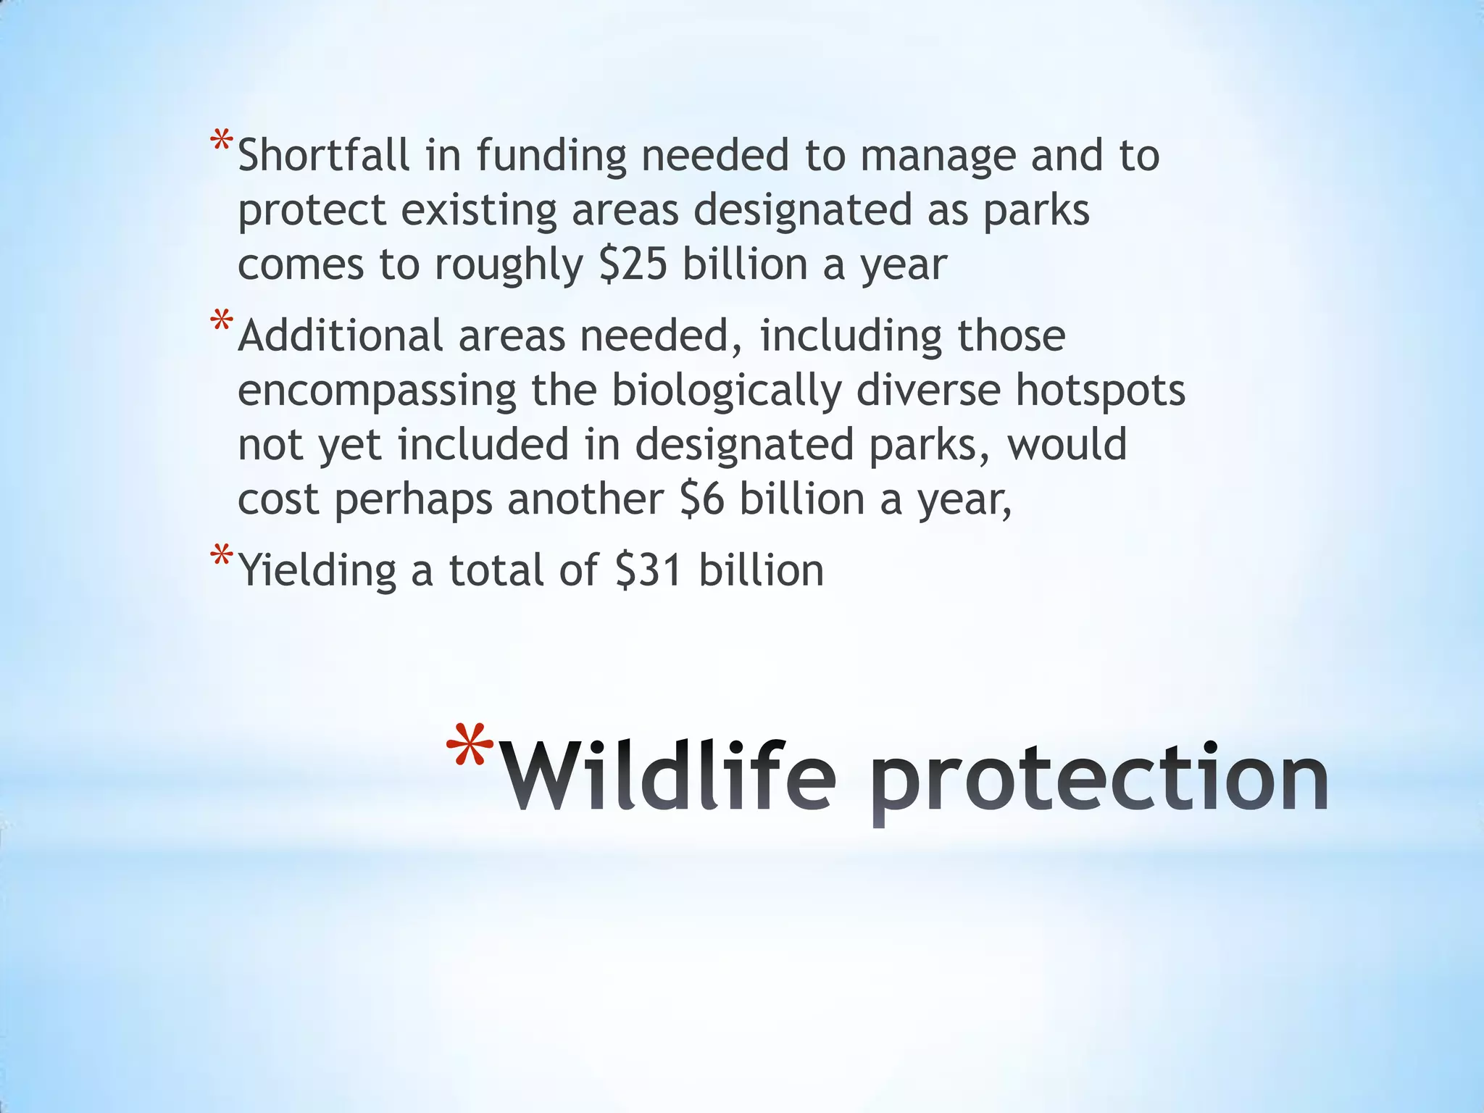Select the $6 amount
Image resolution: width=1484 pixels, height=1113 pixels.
(702, 499)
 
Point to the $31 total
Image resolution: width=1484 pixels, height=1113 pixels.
(648, 570)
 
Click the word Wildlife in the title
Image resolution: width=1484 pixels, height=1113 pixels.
(668, 777)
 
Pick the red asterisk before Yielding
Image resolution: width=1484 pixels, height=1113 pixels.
(221, 559)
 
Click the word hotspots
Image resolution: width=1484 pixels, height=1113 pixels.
(1100, 391)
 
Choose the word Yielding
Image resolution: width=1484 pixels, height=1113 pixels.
(317, 572)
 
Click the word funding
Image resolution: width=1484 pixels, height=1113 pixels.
(551, 157)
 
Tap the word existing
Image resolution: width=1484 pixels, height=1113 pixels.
(479, 212)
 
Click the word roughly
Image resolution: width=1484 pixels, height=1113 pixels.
(509, 266)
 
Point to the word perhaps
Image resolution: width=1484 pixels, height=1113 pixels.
(413, 501)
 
